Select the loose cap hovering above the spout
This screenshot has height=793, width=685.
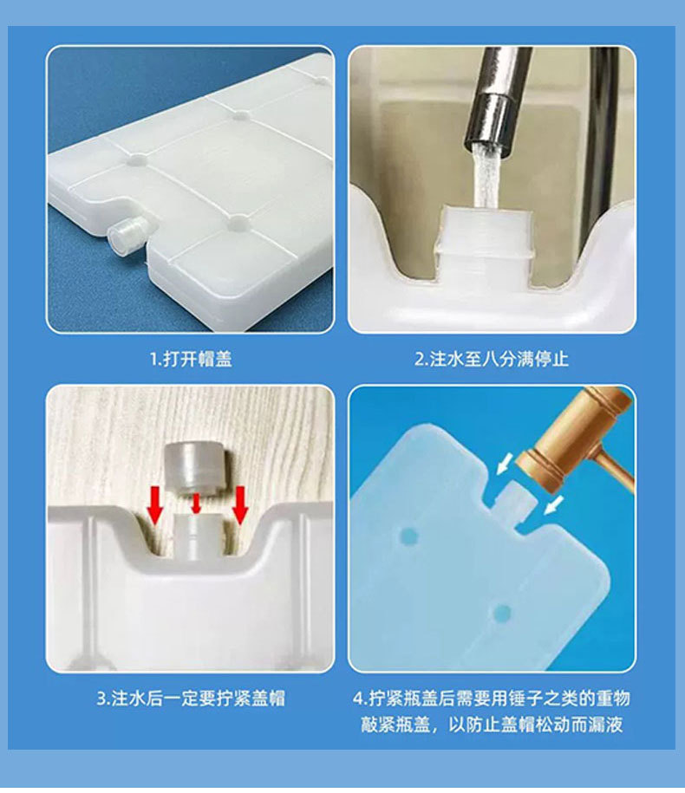[196, 467]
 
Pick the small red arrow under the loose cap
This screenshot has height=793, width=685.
[197, 504]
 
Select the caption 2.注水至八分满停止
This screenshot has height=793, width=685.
[491, 359]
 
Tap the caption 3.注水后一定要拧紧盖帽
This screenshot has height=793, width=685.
[191, 698]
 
